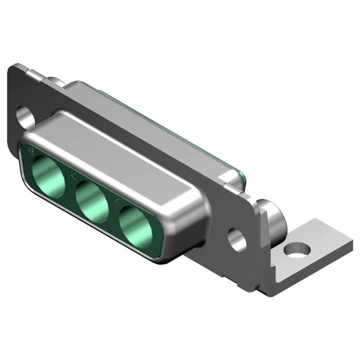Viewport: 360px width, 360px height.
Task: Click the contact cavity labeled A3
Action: point(48,174)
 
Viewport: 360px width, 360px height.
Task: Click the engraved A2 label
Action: point(73,176)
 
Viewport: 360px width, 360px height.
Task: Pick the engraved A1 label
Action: point(116,200)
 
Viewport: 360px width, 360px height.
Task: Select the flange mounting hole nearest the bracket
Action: point(237,239)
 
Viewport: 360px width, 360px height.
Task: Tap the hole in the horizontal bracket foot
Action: point(296,249)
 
